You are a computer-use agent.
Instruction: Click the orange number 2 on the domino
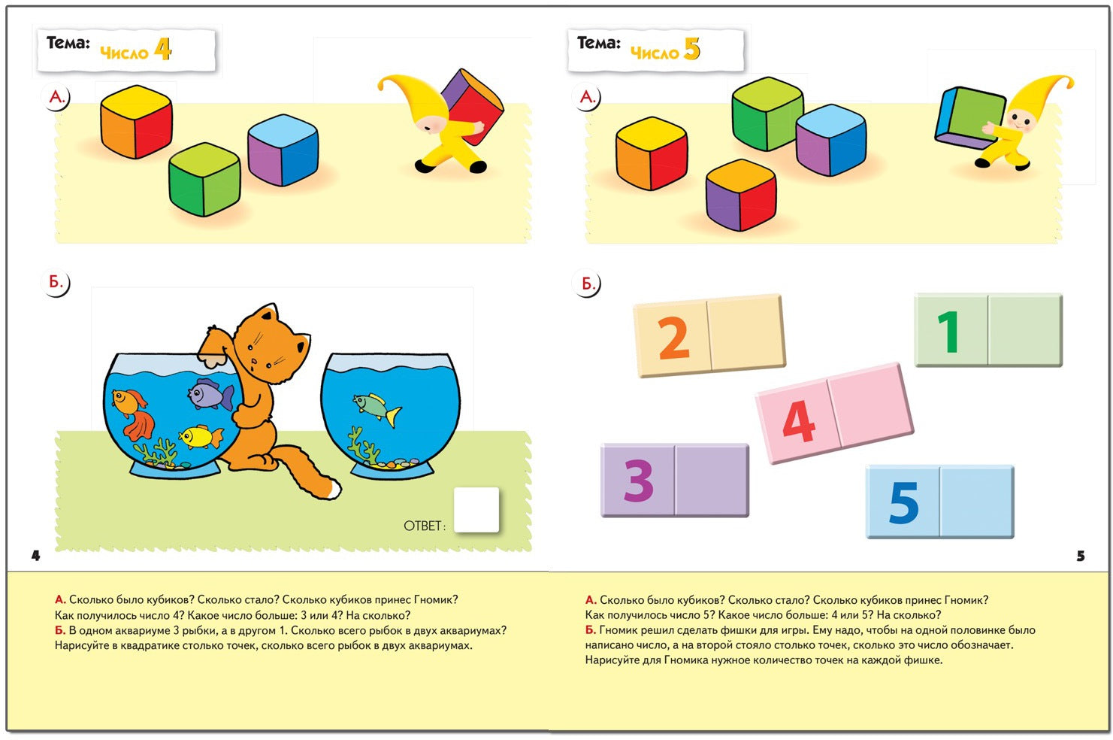pyautogui.click(x=674, y=338)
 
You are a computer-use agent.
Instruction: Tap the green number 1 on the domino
pyautogui.click(x=949, y=331)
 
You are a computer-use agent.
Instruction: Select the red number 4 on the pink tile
pyautogui.click(x=799, y=420)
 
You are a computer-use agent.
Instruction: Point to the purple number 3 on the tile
pyautogui.click(x=639, y=481)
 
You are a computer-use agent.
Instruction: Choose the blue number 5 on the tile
pyautogui.click(x=903, y=502)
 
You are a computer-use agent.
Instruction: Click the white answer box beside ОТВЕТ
pyautogui.click(x=476, y=510)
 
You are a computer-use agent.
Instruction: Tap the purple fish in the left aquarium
pyautogui.click(x=210, y=394)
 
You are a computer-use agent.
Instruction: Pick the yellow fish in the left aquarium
pyautogui.click(x=201, y=437)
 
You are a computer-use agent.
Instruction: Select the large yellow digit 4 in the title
pyautogui.click(x=162, y=49)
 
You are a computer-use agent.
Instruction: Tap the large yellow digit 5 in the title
pyautogui.click(x=692, y=49)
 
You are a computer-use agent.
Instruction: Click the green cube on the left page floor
pyautogui.click(x=204, y=180)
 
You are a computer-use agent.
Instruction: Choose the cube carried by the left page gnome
pyautogui.click(x=473, y=107)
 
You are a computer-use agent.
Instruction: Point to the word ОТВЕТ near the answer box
pyautogui.click(x=425, y=526)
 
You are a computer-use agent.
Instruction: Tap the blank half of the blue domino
pyautogui.click(x=977, y=502)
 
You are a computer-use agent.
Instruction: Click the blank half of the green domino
pyautogui.click(x=1025, y=330)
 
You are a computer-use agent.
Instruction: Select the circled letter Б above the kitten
pyautogui.click(x=56, y=283)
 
